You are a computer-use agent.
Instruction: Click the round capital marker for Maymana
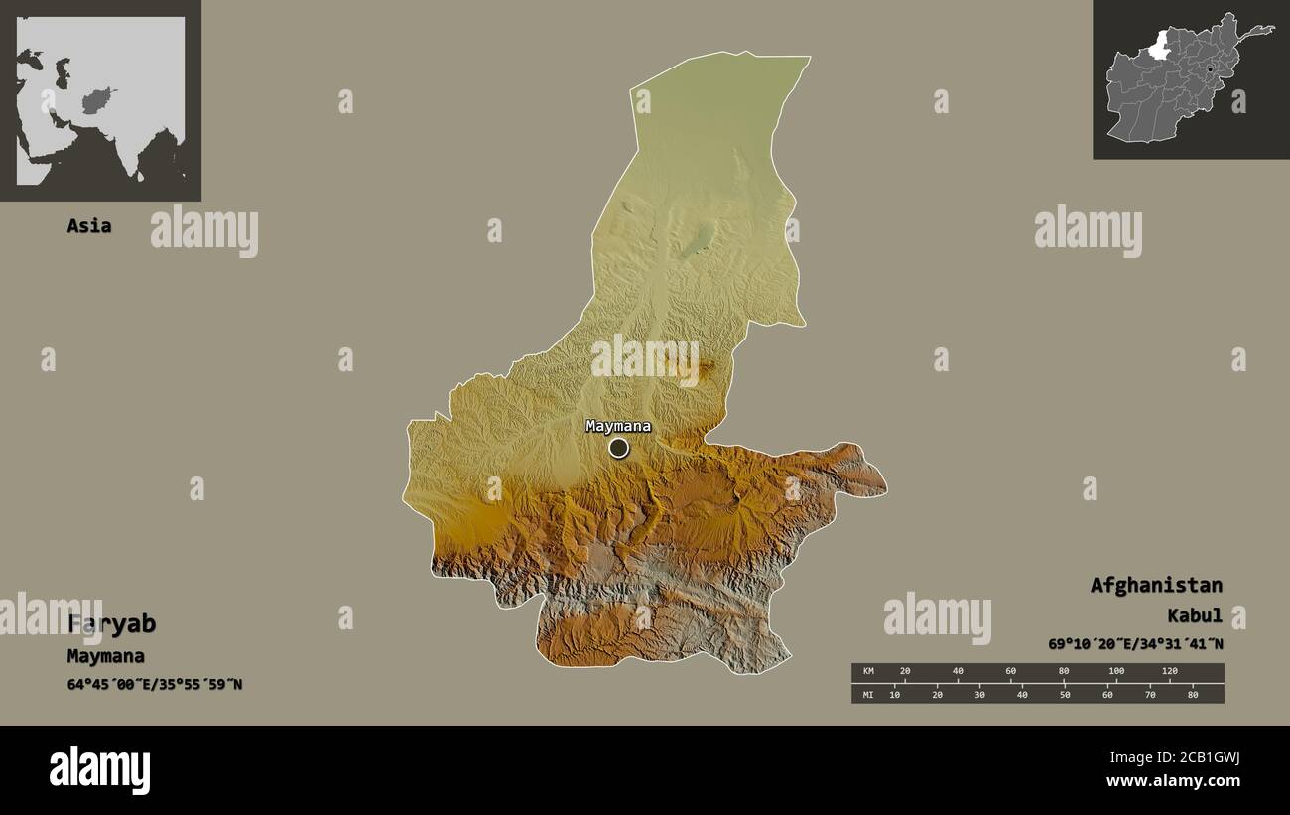pyautogui.click(x=618, y=448)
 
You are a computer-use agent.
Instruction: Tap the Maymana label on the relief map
pyautogui.click(x=618, y=427)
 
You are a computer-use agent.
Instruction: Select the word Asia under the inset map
pyautogui.click(x=88, y=226)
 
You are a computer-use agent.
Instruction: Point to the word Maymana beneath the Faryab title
pyautogui.click(x=105, y=656)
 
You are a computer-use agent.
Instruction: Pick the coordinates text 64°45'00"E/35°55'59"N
pyautogui.click(x=154, y=685)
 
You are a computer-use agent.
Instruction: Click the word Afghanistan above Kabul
pyautogui.click(x=1156, y=585)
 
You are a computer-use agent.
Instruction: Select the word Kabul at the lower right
pyautogui.click(x=1195, y=616)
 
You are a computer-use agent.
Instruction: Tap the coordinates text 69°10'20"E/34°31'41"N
pyautogui.click(x=1135, y=644)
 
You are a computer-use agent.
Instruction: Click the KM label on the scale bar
pyautogui.click(x=867, y=672)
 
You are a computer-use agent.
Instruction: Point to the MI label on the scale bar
pyautogui.click(x=867, y=694)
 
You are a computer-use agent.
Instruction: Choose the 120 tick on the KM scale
pyautogui.click(x=1169, y=672)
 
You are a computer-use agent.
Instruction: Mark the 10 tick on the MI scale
pyautogui.click(x=895, y=694)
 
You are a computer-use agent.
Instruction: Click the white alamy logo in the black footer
pyautogui.click(x=99, y=770)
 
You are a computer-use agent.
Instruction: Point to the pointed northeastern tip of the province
pyautogui.click(x=809, y=58)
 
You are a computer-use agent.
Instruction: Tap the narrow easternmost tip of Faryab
pyautogui.click(x=883, y=486)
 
